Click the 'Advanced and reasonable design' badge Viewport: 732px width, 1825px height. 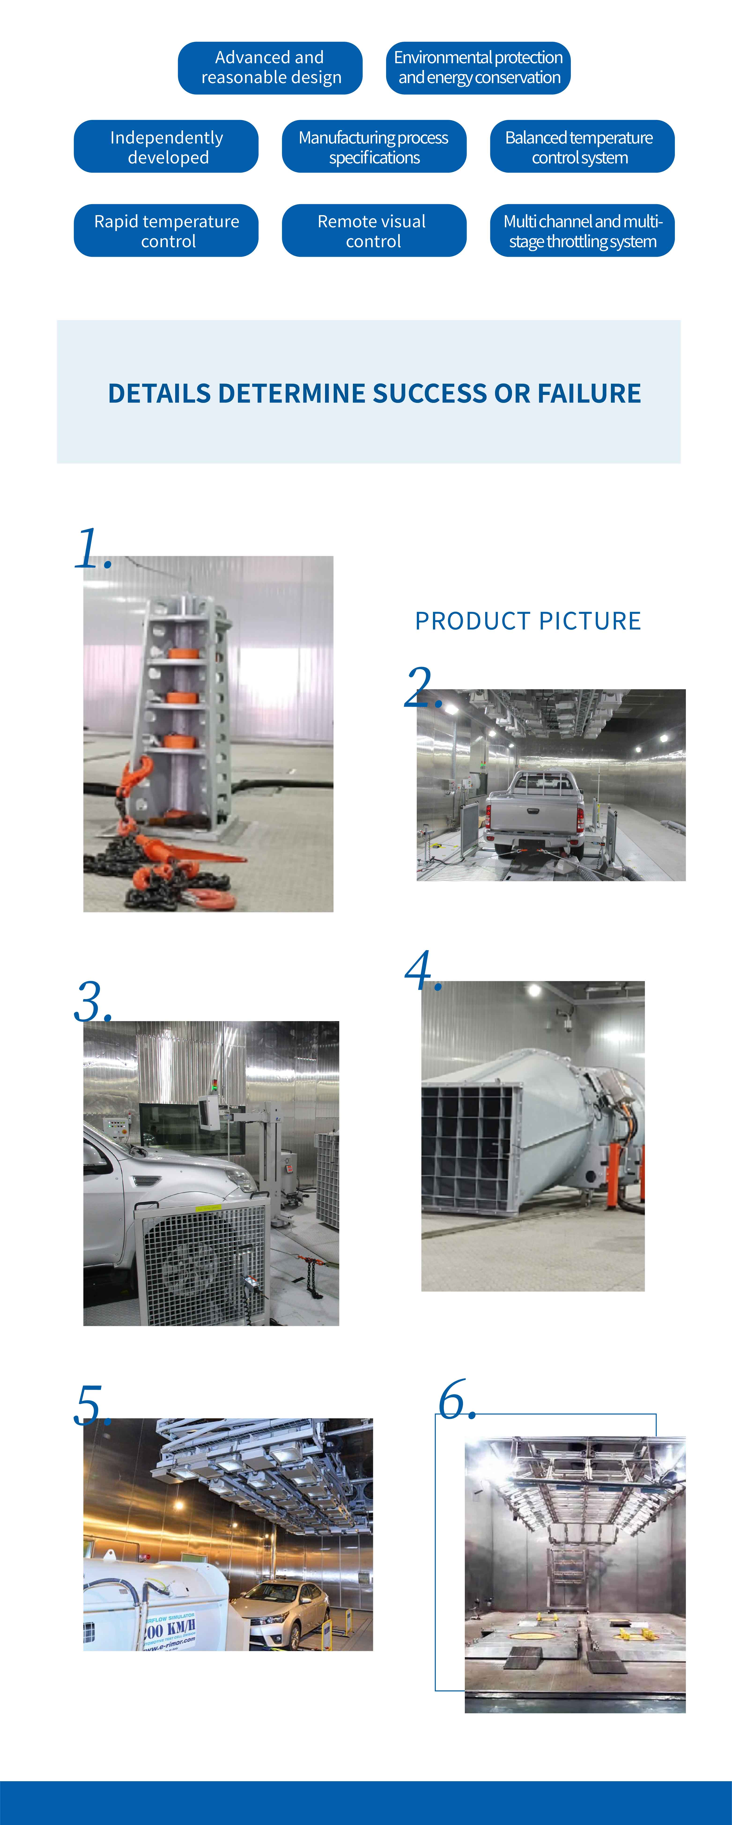coord(270,68)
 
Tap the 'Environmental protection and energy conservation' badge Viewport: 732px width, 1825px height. coord(478,68)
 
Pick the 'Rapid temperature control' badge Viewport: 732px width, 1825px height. coord(166,231)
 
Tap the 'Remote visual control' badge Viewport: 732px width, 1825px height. coord(374,231)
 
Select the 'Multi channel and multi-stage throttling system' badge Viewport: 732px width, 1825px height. coord(582,231)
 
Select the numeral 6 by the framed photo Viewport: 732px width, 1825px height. coord(454,1401)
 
